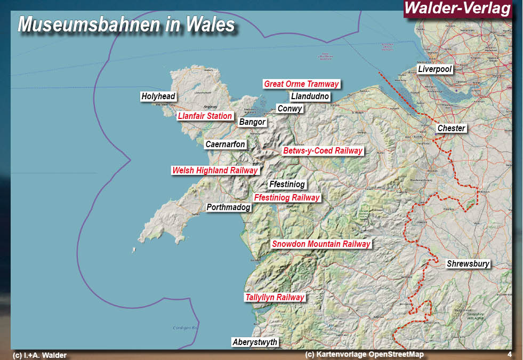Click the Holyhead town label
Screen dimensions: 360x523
(158, 97)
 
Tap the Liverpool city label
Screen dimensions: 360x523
(435, 69)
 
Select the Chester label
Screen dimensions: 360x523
(451, 128)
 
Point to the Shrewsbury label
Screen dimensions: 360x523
(468, 263)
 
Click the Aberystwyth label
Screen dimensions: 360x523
(255, 342)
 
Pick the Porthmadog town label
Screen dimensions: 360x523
(228, 207)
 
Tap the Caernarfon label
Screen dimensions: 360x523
(225, 145)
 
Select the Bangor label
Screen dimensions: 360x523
(252, 122)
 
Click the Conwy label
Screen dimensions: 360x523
(289, 109)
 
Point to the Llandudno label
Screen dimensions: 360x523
(310, 97)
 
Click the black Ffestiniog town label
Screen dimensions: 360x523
(287, 185)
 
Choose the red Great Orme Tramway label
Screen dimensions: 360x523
(301, 84)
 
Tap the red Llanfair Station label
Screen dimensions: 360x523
(205, 116)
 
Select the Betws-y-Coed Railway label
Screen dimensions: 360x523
(323, 151)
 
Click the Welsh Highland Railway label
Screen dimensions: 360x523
(215, 171)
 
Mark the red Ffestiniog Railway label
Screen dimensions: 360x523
(287, 197)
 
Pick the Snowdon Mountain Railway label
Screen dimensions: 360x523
(321, 244)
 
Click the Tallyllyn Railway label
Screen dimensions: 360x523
(275, 298)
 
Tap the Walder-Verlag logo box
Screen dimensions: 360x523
(457, 9)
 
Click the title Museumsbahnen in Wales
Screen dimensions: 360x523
(126, 25)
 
